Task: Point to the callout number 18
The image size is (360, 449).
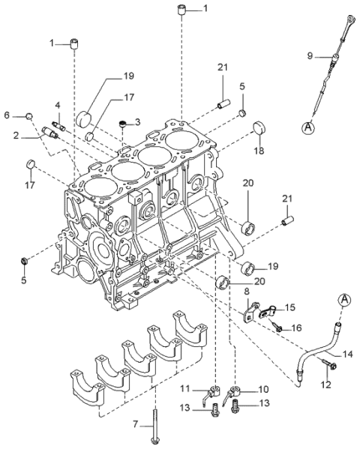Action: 260,151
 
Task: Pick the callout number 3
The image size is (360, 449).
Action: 137,121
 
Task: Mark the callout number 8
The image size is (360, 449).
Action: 247,291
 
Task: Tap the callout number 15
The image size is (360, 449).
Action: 290,307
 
